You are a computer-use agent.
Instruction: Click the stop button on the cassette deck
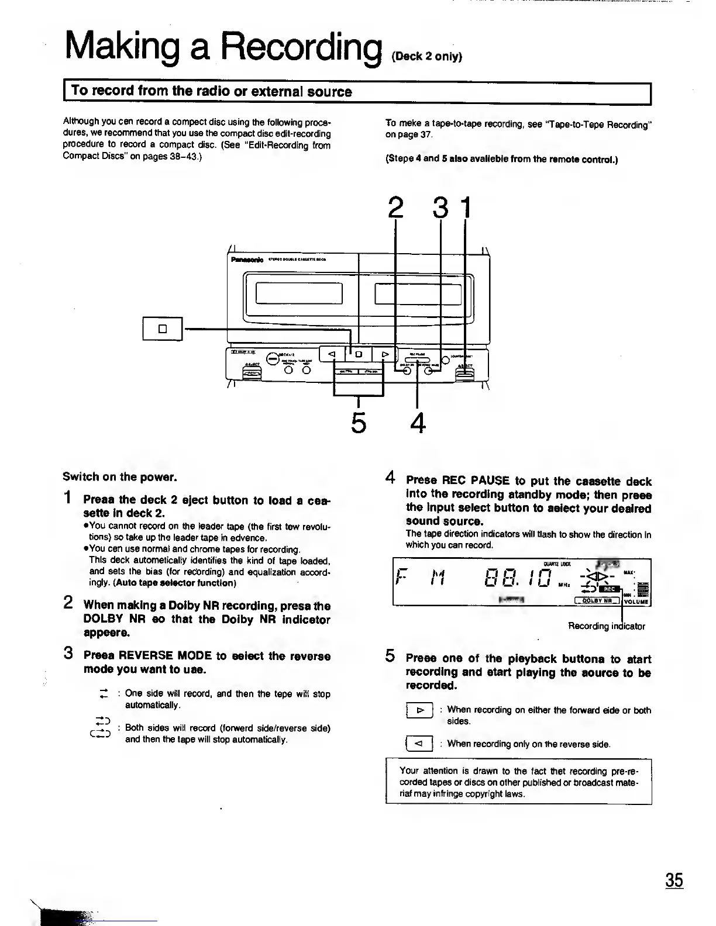[360, 354]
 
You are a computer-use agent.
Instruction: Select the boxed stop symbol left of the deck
[163, 329]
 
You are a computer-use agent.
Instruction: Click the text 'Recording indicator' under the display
[606, 626]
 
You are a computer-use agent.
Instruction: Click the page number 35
[673, 880]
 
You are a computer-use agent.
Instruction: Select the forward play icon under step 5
[419, 711]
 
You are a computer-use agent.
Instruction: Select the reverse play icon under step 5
[418, 744]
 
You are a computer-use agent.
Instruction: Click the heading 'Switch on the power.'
[119, 476]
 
